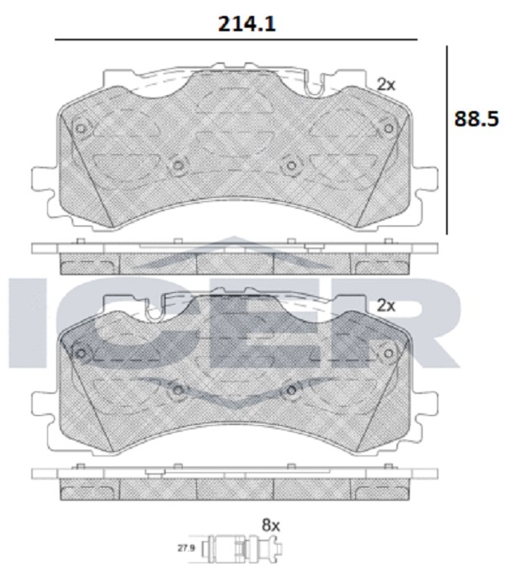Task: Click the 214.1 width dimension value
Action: click(x=247, y=24)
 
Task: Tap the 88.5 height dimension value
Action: click(x=476, y=120)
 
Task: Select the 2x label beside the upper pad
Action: click(x=386, y=85)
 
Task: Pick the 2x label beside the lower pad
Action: click(x=386, y=306)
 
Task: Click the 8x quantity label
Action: click(x=271, y=525)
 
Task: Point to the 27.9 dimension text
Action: click(x=186, y=549)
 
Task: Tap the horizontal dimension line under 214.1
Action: click(x=236, y=40)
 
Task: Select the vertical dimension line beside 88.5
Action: click(x=447, y=140)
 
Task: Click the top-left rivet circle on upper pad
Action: click(x=81, y=129)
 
